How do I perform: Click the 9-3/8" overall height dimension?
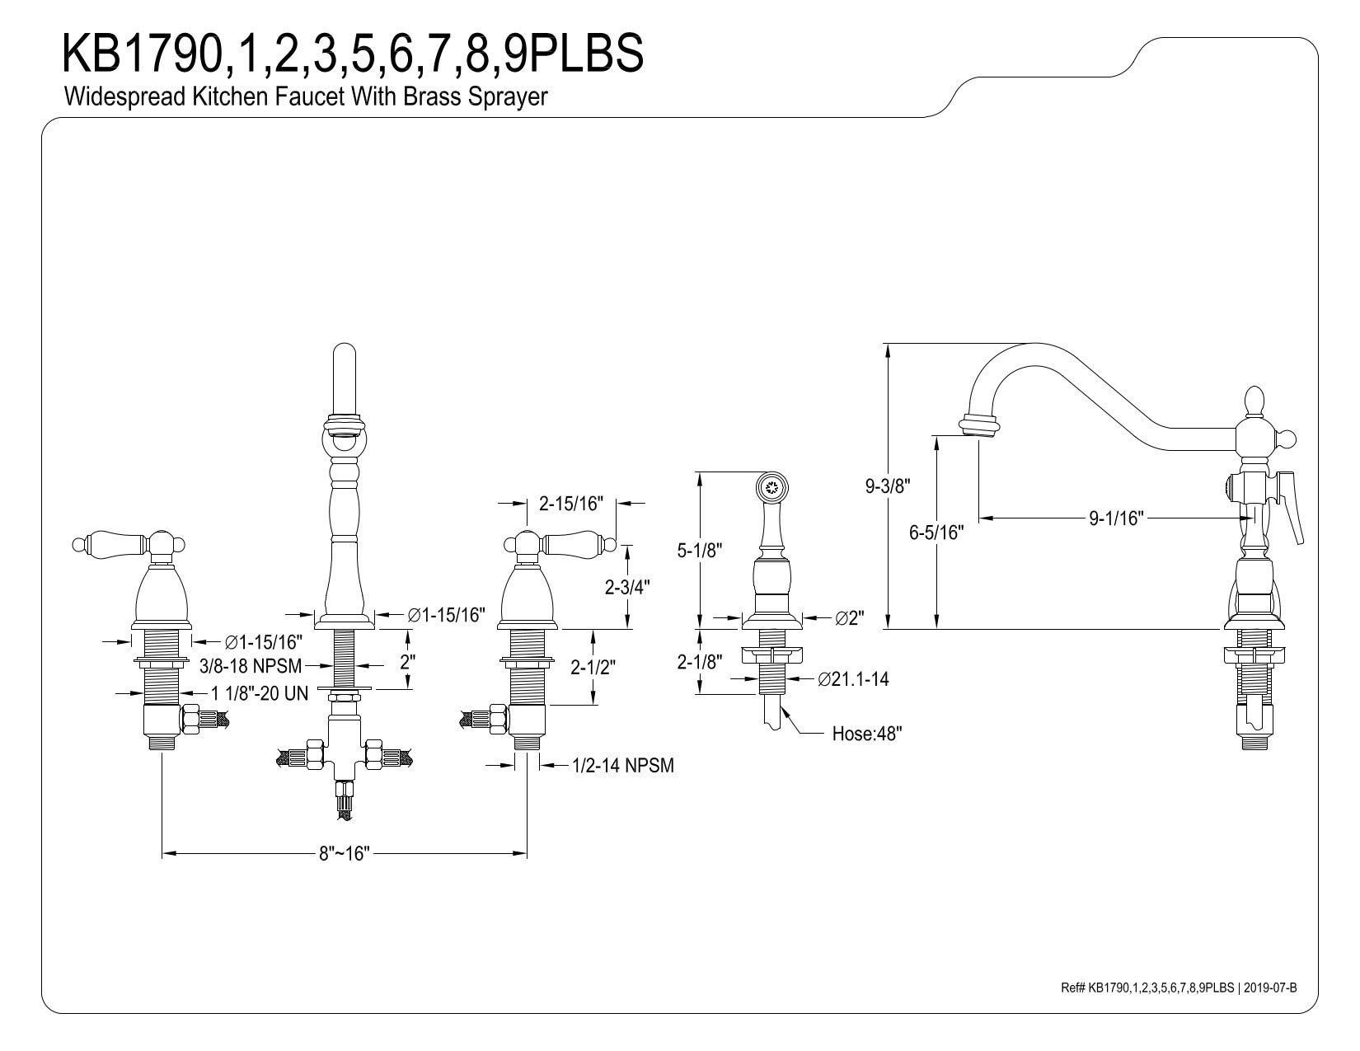(x=887, y=486)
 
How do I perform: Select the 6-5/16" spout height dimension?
(x=936, y=532)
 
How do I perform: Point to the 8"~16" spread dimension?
(x=345, y=853)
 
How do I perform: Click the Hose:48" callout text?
(x=867, y=733)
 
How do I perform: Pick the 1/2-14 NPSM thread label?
(x=623, y=765)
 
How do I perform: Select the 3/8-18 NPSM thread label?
(x=251, y=665)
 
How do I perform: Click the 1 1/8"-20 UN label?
(x=259, y=693)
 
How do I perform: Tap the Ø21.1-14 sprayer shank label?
(x=853, y=679)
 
